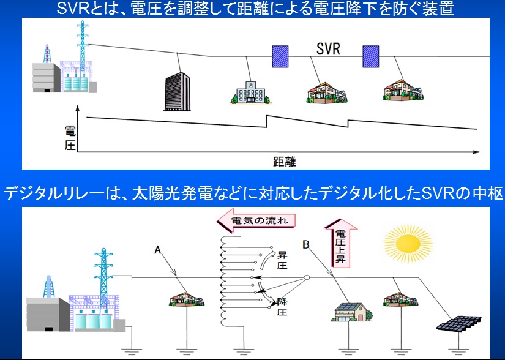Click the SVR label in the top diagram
point(328,49)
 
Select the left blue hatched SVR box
point(280,56)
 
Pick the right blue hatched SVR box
point(371,56)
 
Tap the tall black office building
point(177,91)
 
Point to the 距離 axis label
point(285,161)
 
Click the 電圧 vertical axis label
point(70,138)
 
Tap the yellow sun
point(408,244)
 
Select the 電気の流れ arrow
point(256,220)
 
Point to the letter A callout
point(157,250)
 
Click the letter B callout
point(306,245)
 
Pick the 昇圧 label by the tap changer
point(282,260)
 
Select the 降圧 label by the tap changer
point(282,307)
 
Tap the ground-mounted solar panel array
point(458,323)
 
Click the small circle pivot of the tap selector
point(307,277)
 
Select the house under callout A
point(187,299)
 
